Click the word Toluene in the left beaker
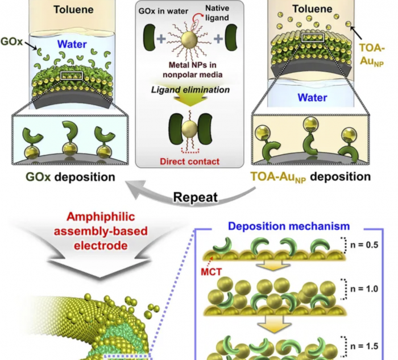pos(69,10)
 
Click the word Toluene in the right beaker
pos(321,10)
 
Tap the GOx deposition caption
pos(71,177)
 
